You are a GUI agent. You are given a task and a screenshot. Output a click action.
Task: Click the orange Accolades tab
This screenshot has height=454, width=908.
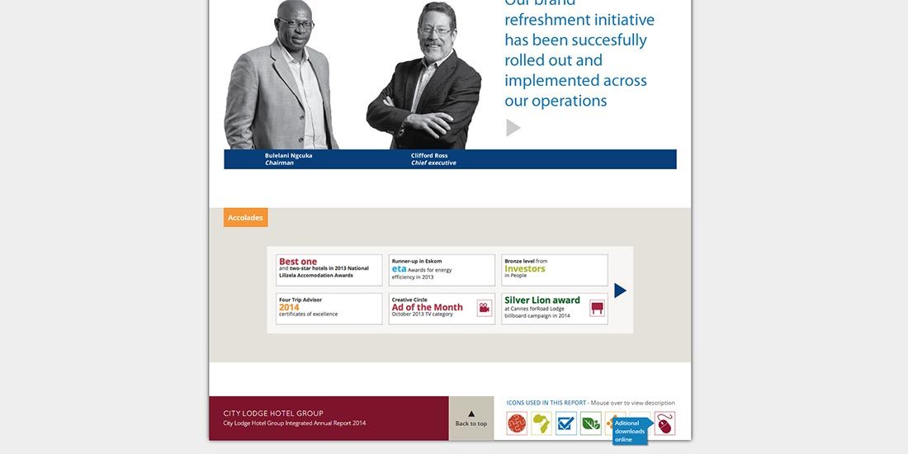pos(245,218)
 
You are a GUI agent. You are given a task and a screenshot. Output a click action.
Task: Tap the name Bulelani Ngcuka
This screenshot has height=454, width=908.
pos(288,155)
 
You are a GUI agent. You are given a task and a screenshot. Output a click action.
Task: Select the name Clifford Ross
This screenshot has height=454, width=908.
pos(429,155)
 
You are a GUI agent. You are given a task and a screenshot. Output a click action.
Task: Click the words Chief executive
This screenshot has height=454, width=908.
pos(433,163)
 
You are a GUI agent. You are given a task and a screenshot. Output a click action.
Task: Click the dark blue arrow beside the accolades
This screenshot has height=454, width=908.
pos(621,291)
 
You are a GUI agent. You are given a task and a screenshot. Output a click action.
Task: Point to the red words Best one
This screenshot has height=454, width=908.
pos(298,262)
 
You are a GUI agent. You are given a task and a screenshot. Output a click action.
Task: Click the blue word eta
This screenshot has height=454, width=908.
pos(399,269)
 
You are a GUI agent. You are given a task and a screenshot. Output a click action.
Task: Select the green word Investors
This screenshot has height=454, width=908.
pos(525,268)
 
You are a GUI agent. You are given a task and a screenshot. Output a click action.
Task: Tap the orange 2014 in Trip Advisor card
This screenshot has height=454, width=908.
pos(289,307)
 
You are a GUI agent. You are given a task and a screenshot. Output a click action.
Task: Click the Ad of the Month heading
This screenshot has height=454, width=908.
pos(428,307)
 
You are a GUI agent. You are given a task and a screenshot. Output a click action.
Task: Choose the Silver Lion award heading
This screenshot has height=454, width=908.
pos(542,300)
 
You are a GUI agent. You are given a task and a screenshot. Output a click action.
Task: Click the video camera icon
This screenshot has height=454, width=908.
pos(485,309)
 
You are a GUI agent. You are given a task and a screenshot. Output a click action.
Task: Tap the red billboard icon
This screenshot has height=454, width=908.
pos(598,309)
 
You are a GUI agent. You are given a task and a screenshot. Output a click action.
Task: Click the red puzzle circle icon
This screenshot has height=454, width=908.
pos(517,423)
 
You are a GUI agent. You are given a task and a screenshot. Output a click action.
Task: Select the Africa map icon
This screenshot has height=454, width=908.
pos(541,423)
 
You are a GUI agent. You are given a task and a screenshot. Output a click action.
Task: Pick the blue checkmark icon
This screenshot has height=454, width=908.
pos(566,423)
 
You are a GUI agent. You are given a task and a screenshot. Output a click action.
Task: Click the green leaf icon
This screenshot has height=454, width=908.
pos(591,423)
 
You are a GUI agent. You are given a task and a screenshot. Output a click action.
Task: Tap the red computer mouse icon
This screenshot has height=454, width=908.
pos(665,423)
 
